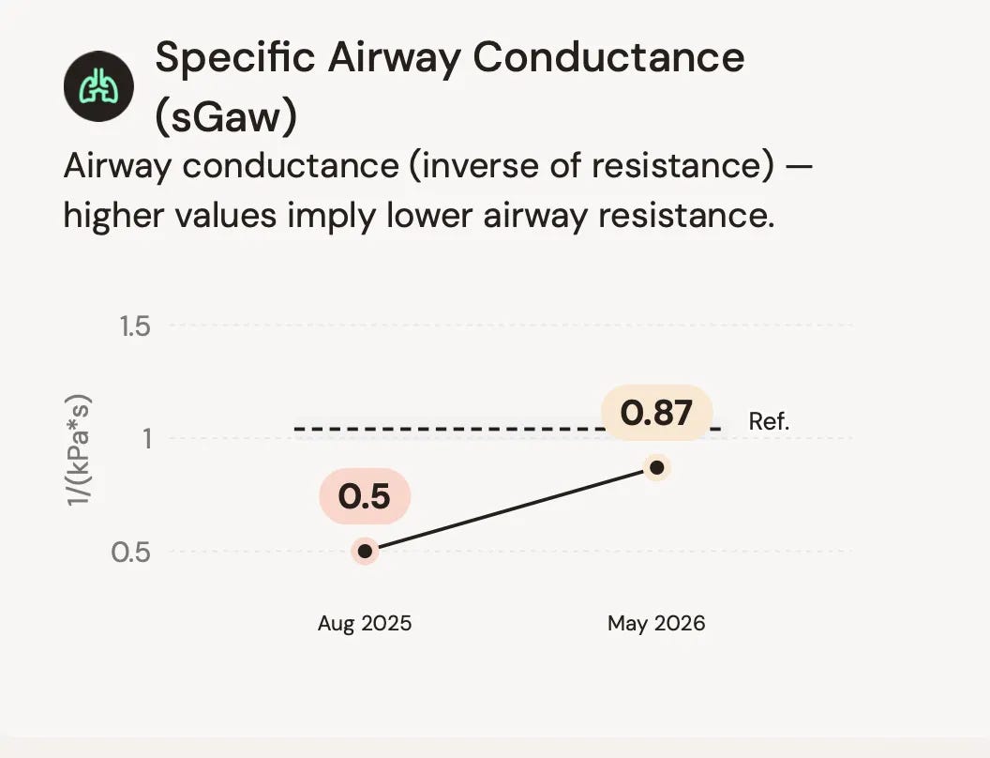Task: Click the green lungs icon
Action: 98,86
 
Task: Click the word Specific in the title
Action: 235,57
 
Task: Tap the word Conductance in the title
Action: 608,57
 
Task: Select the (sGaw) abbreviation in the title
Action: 226,117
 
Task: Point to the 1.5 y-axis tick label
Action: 135,326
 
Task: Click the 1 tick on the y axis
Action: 147,438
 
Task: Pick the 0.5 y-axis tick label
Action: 130,552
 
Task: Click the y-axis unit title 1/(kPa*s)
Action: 80,449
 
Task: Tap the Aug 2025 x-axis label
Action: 365,624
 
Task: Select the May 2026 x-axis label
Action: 656,624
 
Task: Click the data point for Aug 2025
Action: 365,552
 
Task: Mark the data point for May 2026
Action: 656,468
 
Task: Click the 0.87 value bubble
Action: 656,413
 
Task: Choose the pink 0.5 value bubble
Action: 365,496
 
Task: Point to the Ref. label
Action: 769,421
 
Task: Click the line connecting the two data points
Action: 511,509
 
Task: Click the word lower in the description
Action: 429,216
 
